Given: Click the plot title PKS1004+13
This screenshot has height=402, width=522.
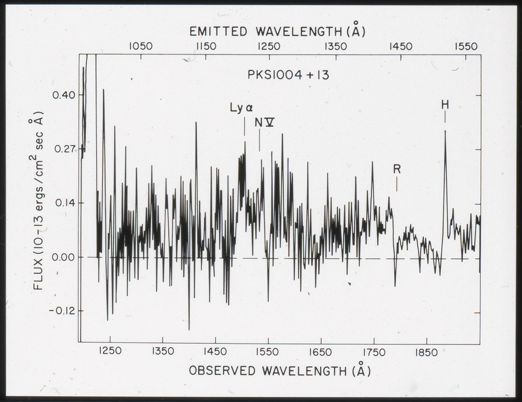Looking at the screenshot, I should coord(288,75).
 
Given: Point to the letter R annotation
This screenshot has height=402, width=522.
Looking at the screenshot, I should coord(397,169).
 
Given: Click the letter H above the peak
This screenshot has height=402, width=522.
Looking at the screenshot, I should coord(445,105).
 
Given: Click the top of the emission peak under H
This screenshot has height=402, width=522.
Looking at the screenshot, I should coord(445,131).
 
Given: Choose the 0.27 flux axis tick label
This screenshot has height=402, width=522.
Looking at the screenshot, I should coord(64,149).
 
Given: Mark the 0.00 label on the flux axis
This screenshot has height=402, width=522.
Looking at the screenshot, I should coord(64,257).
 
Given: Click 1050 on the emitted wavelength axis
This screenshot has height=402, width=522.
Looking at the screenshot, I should coord(140,46).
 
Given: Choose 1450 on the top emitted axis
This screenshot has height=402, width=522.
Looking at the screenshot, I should coord(401,46).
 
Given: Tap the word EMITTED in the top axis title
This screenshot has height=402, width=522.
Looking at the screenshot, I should coord(219,32).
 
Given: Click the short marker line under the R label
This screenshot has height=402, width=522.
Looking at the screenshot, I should coord(397,184).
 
